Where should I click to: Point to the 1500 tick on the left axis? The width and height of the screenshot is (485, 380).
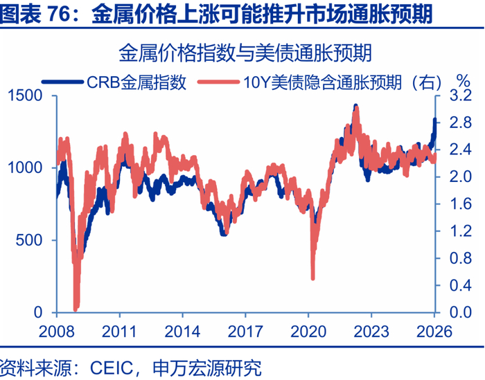(x=24, y=96)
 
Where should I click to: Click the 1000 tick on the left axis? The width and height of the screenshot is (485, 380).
(x=24, y=168)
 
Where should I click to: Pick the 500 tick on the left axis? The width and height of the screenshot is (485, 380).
(x=29, y=240)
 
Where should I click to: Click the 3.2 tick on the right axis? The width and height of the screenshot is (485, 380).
(x=458, y=96)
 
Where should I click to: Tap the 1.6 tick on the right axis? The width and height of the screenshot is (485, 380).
(x=458, y=204)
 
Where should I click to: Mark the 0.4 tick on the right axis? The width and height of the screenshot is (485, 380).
(x=458, y=285)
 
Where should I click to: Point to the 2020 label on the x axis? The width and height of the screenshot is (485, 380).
(x=308, y=331)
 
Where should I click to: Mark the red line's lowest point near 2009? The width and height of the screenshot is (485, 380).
(x=76, y=308)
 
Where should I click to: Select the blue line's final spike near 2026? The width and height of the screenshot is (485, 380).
(x=435, y=121)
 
